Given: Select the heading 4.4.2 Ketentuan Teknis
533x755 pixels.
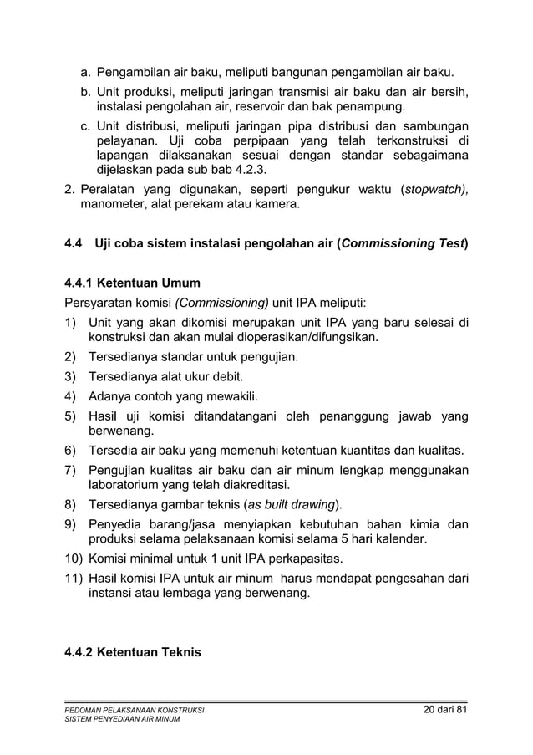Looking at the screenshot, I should [x=133, y=651].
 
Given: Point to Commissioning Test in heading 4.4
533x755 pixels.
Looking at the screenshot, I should [x=402, y=244].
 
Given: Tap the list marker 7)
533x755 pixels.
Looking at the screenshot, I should [x=72, y=470].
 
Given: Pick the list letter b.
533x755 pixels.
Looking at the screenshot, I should [x=85, y=92].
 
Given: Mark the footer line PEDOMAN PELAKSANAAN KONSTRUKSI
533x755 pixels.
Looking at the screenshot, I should [x=135, y=711].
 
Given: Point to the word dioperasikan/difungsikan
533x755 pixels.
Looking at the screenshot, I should [x=307, y=338].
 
